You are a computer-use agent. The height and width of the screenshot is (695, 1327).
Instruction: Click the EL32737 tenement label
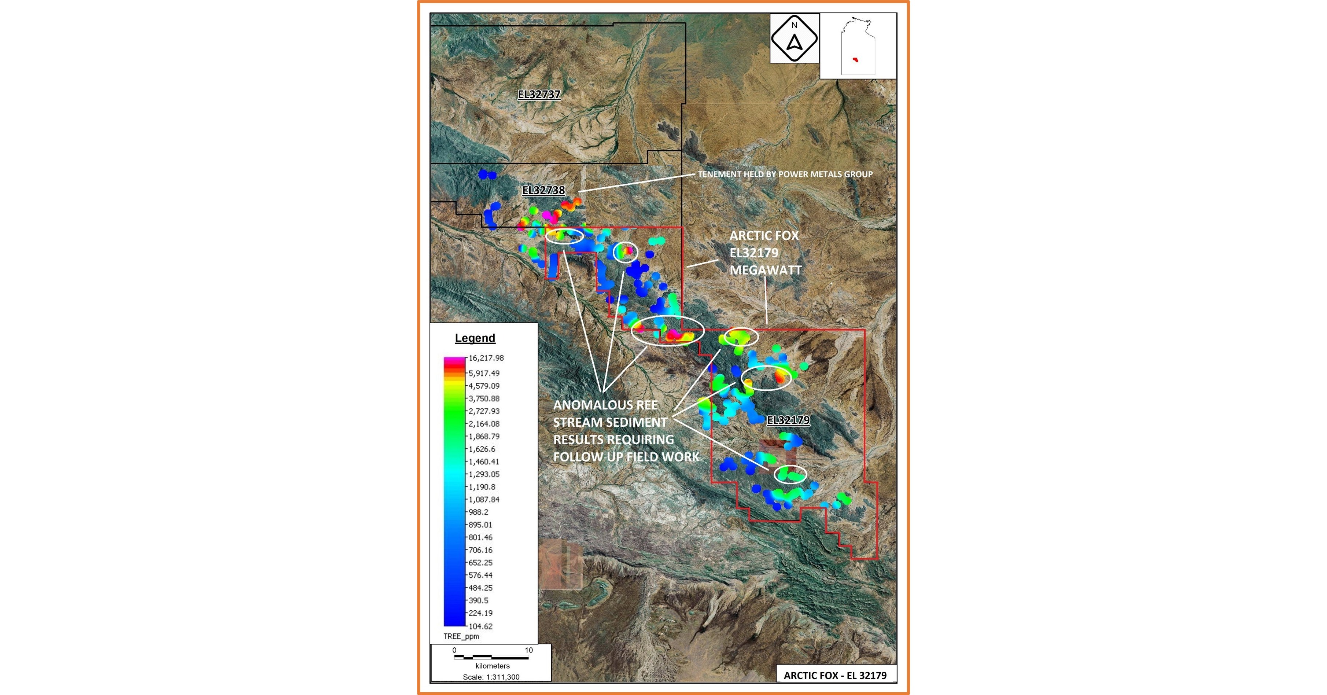(x=539, y=94)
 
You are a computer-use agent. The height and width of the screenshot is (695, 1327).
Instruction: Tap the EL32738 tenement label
(x=543, y=190)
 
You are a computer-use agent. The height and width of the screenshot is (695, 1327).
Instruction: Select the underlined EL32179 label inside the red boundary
(x=788, y=420)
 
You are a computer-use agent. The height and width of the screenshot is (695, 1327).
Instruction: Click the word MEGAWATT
(x=766, y=270)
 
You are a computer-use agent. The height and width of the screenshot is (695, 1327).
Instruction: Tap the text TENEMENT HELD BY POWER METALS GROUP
(x=785, y=174)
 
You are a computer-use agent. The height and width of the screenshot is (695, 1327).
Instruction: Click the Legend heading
(x=475, y=338)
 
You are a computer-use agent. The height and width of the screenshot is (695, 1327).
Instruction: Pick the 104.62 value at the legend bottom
(x=480, y=626)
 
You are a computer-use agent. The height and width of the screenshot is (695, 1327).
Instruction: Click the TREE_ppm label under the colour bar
(x=461, y=636)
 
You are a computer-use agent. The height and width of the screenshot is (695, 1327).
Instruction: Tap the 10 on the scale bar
(x=528, y=650)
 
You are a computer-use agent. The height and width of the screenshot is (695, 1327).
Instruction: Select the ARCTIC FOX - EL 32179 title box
(x=835, y=675)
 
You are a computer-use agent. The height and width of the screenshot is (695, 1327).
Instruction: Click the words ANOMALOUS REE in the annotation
(x=605, y=405)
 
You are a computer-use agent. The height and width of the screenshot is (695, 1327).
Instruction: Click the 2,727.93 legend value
(x=484, y=411)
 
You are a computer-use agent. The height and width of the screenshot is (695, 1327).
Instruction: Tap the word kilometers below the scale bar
(x=493, y=666)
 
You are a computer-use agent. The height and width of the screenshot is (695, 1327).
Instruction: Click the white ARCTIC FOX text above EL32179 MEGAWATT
(x=764, y=235)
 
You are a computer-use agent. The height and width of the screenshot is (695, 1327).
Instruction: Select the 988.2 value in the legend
(x=478, y=512)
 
